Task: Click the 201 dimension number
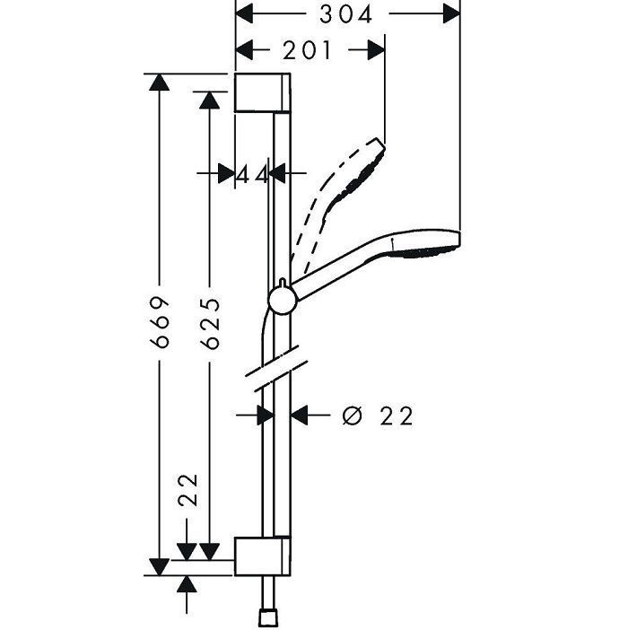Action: pos(307,51)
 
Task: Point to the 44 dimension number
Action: pos(253,173)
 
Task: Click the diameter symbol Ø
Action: pos(353,416)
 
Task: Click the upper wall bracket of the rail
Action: pos(262,92)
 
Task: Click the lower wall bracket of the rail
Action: pos(262,556)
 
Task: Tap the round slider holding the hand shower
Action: pos(282,300)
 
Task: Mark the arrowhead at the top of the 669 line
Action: pos(159,83)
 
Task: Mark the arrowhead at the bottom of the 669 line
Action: pos(159,565)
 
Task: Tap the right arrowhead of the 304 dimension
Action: pos(450,14)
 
